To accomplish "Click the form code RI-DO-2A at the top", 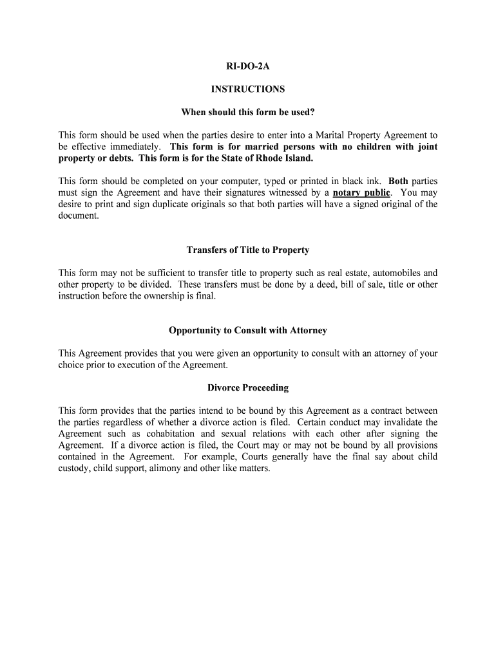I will tap(247, 66).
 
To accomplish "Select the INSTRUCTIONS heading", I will tap(247, 89).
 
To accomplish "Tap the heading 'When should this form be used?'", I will tap(247, 113).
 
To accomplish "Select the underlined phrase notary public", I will tap(361, 192).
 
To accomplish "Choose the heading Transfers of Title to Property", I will tap(247, 250).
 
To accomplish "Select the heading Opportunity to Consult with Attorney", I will tap(247, 330).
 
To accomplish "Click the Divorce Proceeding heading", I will tap(247, 388).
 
